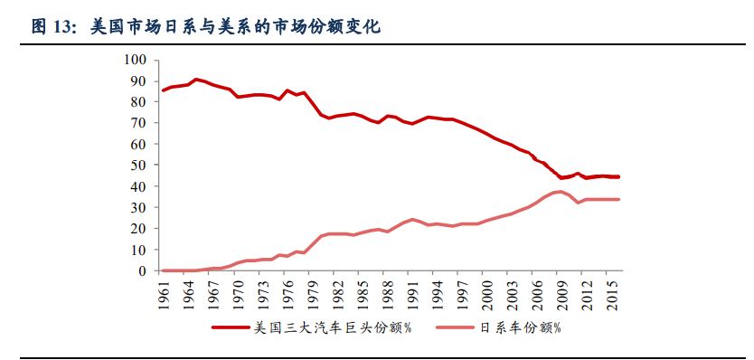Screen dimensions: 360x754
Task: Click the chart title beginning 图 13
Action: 206,27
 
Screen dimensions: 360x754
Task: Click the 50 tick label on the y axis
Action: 137,166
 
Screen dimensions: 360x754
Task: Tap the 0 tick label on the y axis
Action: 142,270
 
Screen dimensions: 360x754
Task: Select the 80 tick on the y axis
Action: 137,102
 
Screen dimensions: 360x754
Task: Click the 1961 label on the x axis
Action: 164,294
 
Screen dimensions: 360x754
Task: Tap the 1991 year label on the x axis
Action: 413,294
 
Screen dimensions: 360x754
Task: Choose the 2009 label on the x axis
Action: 562,294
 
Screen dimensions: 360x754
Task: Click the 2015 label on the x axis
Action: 612,294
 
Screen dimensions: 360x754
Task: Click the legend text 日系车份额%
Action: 519,327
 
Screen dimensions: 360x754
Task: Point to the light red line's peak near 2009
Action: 561,192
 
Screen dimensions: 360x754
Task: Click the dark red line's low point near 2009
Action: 561,178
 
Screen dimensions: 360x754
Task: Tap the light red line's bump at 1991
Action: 412,219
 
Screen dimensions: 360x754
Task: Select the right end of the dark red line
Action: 618,177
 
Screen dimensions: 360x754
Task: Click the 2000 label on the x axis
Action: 488,294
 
